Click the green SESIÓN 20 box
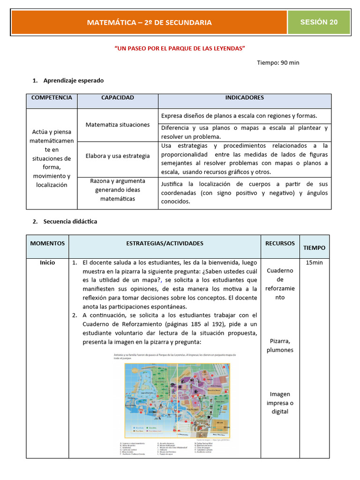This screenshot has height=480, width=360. [319, 22]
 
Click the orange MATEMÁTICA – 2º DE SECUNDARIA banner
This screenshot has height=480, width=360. [149, 22]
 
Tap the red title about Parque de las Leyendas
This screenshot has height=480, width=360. [180, 48]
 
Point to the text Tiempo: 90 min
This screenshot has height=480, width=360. [278, 62]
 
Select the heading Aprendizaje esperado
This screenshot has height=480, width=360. [74, 81]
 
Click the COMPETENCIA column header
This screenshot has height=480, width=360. [52, 97]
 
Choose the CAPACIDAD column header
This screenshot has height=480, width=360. [118, 97]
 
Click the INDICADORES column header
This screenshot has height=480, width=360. [244, 97]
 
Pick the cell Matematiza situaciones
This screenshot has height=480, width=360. [118, 125]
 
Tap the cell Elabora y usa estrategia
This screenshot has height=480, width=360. [118, 156]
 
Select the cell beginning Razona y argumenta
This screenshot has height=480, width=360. [118, 190]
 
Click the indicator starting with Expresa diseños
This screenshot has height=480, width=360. [239, 115]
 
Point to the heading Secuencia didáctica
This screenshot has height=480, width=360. [70, 221]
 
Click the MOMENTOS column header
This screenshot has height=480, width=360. [48, 243]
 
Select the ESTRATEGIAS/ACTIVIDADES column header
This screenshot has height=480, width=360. [165, 243]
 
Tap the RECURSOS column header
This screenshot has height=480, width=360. [280, 243]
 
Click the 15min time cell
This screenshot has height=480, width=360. [314, 262]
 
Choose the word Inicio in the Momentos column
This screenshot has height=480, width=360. [47, 262]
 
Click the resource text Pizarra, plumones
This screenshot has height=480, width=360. [280, 345]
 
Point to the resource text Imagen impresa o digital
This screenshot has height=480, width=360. [280, 403]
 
